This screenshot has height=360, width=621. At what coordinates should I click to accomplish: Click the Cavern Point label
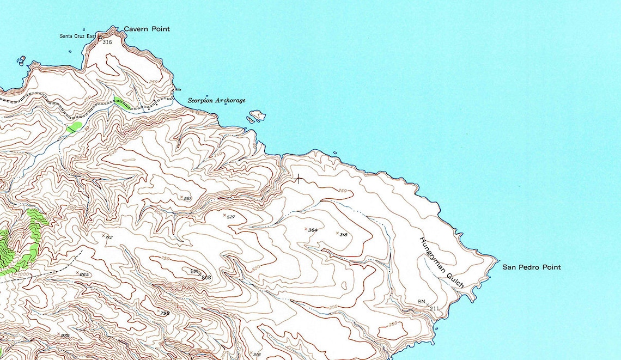(x=147, y=29)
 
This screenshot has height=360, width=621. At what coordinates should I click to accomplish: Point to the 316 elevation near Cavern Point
(x=107, y=42)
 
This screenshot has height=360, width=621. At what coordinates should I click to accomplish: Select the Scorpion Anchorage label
(x=217, y=101)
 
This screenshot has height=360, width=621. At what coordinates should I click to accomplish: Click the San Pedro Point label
(x=531, y=267)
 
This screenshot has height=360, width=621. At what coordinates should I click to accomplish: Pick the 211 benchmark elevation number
(x=434, y=309)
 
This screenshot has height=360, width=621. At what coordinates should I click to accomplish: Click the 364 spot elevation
(x=312, y=230)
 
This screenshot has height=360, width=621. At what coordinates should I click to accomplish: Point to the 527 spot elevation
(x=230, y=217)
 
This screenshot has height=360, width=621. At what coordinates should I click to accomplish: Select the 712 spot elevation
(x=108, y=237)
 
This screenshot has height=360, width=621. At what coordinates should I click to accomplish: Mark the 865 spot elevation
(x=84, y=274)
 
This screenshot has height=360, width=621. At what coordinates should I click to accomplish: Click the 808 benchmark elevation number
(x=206, y=277)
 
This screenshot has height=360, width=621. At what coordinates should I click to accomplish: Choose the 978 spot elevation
(x=65, y=335)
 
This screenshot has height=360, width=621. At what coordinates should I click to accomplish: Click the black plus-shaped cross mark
(x=299, y=179)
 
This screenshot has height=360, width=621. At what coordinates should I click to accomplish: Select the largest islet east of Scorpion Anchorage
(x=257, y=115)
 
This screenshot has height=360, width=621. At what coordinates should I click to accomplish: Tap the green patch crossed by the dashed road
(x=121, y=102)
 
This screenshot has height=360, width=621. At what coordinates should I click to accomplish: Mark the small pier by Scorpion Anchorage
(x=178, y=90)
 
